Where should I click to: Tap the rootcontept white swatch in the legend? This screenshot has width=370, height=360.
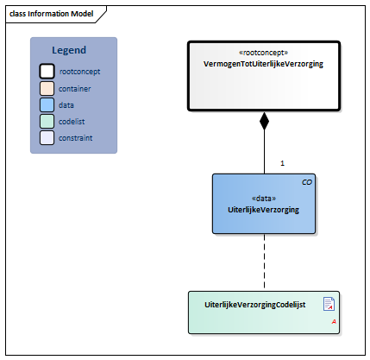(47, 72)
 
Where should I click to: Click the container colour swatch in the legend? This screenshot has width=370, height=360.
(47, 88)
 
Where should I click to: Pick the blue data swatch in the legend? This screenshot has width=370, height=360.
(47, 104)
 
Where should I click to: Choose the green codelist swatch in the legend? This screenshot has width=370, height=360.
(47, 121)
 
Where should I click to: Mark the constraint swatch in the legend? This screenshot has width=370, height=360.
(47, 137)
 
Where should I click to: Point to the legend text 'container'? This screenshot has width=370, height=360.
(77, 88)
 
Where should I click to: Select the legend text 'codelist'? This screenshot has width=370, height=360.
(75, 121)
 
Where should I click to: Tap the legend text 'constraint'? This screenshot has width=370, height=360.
(78, 137)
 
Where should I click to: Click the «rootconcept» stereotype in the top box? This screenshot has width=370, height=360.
(263, 52)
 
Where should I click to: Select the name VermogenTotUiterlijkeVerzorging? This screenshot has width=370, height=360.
(263, 64)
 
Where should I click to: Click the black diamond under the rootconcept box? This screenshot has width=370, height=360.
(264, 121)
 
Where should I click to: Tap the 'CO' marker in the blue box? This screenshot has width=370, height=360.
(306, 183)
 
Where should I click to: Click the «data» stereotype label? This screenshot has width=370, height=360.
(263, 198)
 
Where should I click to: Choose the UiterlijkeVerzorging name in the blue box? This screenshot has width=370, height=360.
(263, 209)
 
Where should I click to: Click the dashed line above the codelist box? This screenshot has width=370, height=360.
(264, 263)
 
